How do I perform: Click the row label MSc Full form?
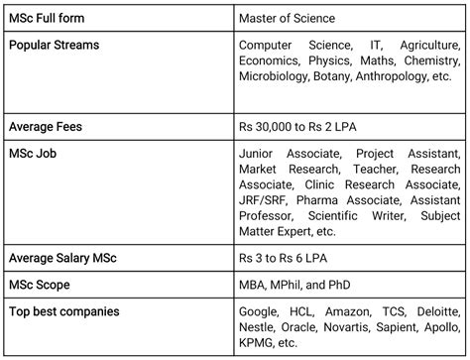coord(49,18)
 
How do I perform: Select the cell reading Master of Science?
coord(287,18)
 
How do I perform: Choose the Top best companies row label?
coord(63,311)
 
